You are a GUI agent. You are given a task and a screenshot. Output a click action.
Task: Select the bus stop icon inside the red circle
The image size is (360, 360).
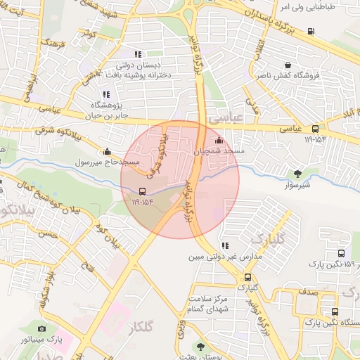(x=143, y=191)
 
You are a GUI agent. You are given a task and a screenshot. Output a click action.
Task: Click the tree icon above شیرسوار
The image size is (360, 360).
(x=299, y=172)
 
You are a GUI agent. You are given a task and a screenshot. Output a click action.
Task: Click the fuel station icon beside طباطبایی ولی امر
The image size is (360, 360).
(x=311, y=30)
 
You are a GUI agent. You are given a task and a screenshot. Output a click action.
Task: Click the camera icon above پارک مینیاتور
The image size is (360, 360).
(x=42, y=328)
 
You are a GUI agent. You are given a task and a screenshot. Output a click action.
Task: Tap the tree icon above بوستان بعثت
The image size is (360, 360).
(x=202, y=346)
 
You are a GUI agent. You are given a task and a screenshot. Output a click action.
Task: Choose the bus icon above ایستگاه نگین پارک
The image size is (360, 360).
(x=334, y=310)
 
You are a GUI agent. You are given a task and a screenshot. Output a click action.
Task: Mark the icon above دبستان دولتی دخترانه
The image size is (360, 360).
(x=139, y=53)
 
